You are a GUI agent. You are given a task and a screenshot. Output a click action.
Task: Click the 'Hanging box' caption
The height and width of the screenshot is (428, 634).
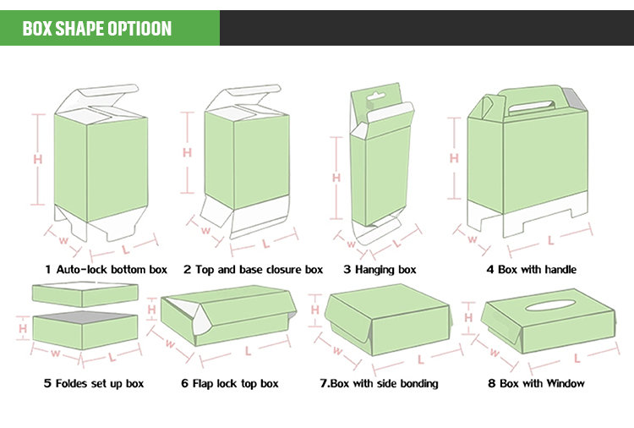pyautogui.click(x=380, y=270)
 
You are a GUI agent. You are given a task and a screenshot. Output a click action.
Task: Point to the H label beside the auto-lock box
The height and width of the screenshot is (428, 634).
pyautogui.click(x=37, y=158)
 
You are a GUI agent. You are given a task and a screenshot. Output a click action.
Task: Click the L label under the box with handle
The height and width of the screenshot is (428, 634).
pyautogui.click(x=550, y=240)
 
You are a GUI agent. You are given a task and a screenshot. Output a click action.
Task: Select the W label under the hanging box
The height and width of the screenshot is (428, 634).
pyautogui.click(x=350, y=242)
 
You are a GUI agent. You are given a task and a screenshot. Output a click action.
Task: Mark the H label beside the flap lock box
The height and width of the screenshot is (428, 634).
pyautogui.click(x=153, y=311)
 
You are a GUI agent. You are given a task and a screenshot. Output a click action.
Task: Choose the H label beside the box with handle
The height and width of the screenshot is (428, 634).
pyautogui.click(x=453, y=158)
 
